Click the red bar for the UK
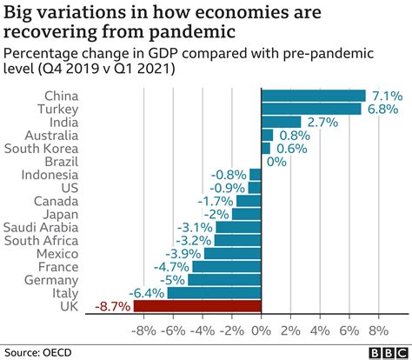tap(197, 306)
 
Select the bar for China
tap(313, 96)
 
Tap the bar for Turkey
tap(310, 109)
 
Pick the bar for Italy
tap(214, 293)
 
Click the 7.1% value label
tap(385, 96)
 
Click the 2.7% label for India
tap(321, 123)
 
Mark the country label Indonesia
tap(50, 175)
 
